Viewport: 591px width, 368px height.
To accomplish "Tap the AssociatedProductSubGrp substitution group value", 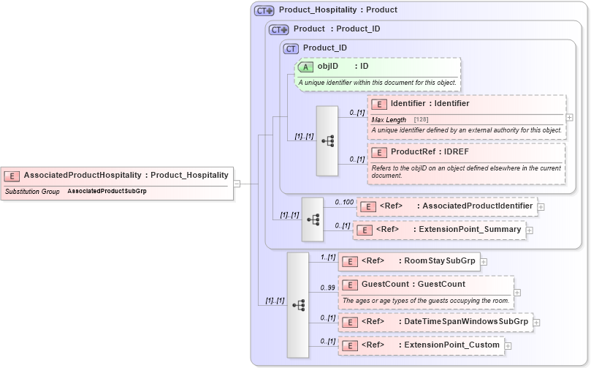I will click(x=107, y=191).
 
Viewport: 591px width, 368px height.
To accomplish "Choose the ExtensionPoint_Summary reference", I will click(x=468, y=230).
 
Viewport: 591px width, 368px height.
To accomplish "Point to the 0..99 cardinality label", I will click(x=327, y=288).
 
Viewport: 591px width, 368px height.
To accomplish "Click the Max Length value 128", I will click(x=422, y=119).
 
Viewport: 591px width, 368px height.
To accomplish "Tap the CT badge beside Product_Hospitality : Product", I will click(x=264, y=10).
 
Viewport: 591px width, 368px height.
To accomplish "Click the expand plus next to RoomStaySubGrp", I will click(x=484, y=261).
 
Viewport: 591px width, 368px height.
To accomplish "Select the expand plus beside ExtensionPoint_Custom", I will click(x=508, y=345).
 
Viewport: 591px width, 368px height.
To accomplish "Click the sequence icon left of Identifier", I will click(x=327, y=140).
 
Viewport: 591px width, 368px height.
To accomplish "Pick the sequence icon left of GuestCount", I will click(x=297, y=304).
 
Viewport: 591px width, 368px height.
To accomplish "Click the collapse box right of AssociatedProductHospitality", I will click(x=237, y=183).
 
